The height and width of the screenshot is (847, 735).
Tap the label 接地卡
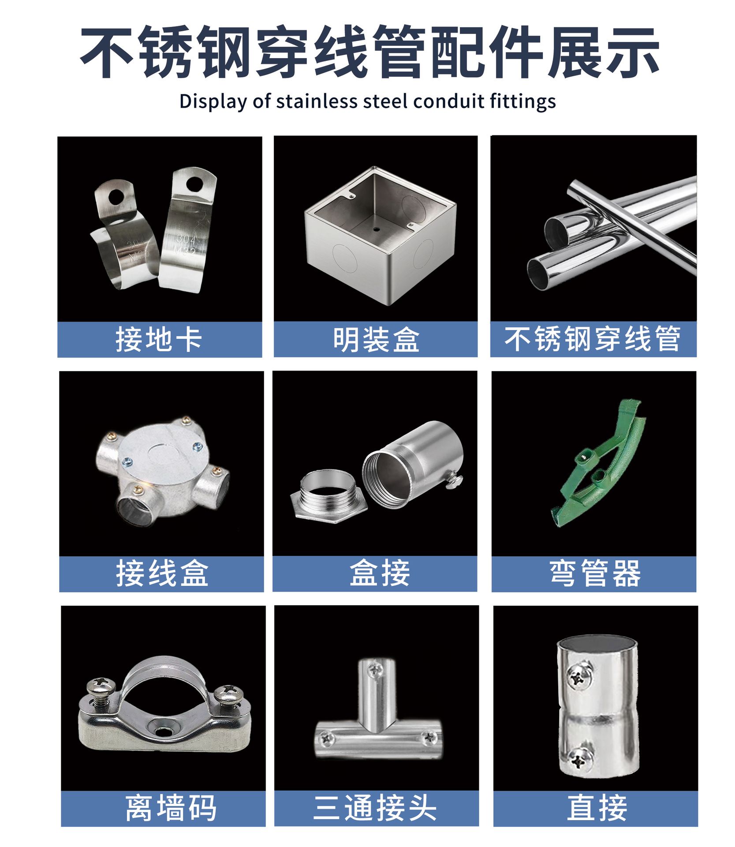coord(159,339)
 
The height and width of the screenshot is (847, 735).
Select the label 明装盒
coord(376,339)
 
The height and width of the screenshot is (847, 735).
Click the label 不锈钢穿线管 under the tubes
coord(593,339)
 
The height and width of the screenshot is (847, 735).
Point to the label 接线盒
coord(162,573)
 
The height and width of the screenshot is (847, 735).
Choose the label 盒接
coord(380,573)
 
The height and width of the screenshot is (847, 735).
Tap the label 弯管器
coord(595,573)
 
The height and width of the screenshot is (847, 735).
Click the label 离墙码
coord(171,808)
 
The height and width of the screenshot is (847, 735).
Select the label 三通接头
coord(375,808)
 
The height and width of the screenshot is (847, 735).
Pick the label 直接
coord(597,808)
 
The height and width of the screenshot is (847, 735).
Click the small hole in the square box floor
coord(376,229)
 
